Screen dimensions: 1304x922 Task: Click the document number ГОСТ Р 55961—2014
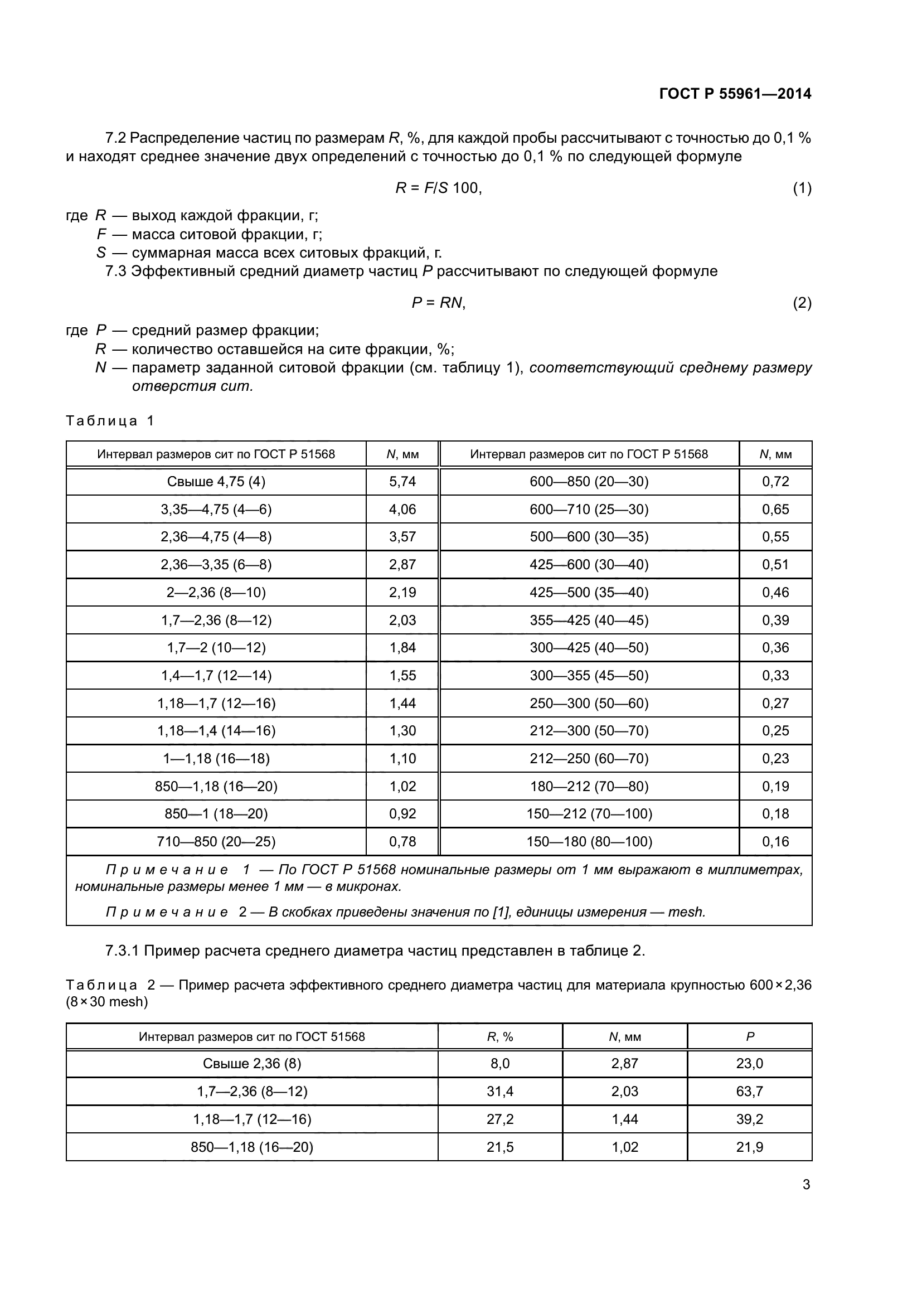735,94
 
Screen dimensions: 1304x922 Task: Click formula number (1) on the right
802,188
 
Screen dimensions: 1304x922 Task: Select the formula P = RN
438,303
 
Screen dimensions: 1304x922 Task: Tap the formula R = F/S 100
438,188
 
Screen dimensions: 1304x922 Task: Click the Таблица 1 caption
110,421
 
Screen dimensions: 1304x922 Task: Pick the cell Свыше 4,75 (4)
216,482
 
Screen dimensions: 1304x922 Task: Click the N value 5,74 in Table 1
402,482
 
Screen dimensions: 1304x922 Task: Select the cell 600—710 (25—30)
589,510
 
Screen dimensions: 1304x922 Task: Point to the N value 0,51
775,565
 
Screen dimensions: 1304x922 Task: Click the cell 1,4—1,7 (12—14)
216,675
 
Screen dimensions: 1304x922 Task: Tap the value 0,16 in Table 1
775,841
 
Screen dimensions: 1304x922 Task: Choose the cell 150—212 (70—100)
589,814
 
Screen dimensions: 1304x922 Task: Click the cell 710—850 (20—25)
216,841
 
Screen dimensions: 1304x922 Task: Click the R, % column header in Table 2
499,1037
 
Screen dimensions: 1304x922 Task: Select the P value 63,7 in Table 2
749,1092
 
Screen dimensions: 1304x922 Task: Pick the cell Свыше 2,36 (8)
251,1064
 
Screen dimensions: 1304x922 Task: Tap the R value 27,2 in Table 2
499,1119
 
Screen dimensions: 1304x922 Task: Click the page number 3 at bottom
805,1185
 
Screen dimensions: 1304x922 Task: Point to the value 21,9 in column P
749,1147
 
